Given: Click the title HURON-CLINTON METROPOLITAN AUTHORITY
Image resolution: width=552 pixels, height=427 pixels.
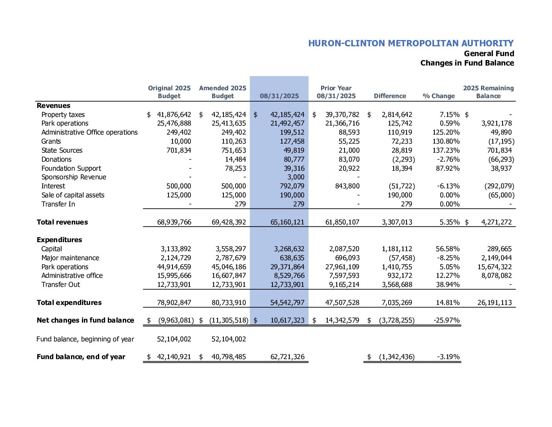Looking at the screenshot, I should tap(410, 43).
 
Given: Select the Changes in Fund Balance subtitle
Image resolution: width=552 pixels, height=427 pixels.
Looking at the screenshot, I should tap(467, 63).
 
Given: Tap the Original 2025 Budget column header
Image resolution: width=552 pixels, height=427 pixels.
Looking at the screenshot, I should tap(169, 92).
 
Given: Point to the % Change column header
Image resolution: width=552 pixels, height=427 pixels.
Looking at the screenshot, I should tap(439, 96).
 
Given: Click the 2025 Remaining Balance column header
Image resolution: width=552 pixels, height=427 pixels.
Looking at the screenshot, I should tap(488, 92).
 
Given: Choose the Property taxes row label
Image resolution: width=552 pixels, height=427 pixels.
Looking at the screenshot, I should tap(63, 115).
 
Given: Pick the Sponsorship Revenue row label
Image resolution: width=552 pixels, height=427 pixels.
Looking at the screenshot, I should tap(74, 177).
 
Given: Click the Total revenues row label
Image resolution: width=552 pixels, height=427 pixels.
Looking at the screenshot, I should tap(62, 222).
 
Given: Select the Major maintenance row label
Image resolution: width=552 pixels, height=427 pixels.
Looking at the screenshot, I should tap(70, 258).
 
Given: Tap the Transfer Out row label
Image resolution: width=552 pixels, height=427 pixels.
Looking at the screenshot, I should tap(61, 285).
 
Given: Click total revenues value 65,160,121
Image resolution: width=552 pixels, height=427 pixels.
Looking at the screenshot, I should tap(287, 222).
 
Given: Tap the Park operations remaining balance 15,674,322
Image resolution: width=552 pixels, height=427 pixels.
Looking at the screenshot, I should tap(494, 267).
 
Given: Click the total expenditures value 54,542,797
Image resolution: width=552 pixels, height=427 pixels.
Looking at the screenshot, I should tap(287, 303).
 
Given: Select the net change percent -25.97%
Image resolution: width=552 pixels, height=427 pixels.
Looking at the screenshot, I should tap(447, 320).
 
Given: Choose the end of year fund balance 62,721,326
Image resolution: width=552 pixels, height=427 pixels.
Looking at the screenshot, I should tap(287, 357).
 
